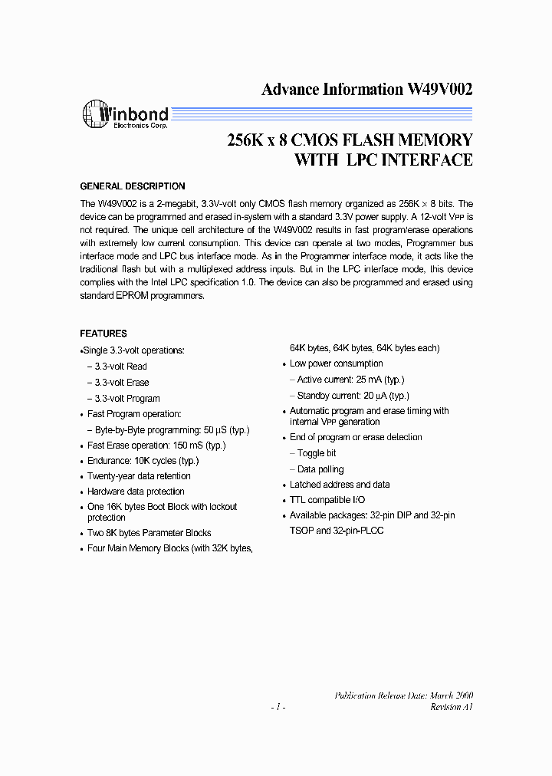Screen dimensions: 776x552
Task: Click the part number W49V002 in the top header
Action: click(x=439, y=89)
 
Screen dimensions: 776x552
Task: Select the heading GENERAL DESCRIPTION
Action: click(x=133, y=186)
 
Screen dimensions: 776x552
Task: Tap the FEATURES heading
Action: click(x=103, y=334)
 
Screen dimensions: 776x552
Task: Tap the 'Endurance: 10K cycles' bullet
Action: click(x=143, y=461)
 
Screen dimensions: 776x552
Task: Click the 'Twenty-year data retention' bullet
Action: click(x=139, y=476)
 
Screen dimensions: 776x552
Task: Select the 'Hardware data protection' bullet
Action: click(x=136, y=492)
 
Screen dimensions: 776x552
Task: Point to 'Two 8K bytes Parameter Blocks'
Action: click(x=149, y=533)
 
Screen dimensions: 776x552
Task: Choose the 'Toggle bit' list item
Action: click(x=317, y=453)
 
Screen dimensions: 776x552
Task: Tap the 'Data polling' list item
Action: click(x=320, y=469)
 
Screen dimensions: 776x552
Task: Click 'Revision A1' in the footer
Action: click(x=452, y=707)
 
